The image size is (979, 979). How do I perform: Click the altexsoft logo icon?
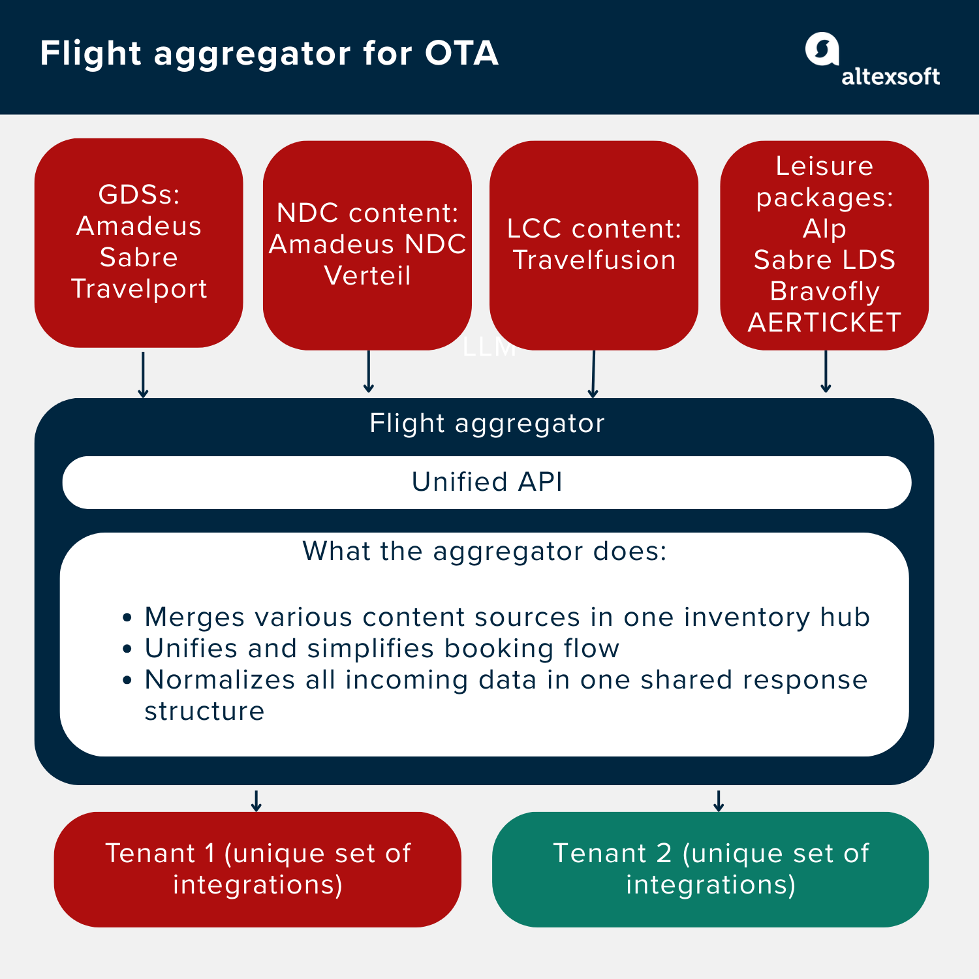click(x=822, y=49)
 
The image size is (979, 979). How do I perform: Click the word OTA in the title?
click(x=461, y=54)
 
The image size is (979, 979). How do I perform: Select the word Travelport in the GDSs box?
click(x=139, y=288)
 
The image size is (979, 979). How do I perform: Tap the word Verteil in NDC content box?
click(x=367, y=275)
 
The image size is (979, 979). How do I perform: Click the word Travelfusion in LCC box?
click(x=594, y=260)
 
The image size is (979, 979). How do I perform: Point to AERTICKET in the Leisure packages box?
click(x=824, y=322)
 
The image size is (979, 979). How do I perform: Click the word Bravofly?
click(x=824, y=291)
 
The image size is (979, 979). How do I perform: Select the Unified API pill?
click(x=487, y=482)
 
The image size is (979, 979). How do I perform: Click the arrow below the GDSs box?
click(x=143, y=375)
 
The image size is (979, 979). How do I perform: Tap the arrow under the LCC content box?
click(x=593, y=375)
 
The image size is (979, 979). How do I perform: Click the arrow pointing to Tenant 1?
click(x=256, y=800)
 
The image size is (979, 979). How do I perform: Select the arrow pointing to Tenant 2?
click(x=719, y=800)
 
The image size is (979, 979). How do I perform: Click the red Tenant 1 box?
click(x=257, y=869)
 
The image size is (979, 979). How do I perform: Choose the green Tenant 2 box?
click(x=710, y=869)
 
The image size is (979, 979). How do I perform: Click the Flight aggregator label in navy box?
click(x=487, y=424)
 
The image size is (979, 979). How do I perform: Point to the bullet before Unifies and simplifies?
click(x=127, y=649)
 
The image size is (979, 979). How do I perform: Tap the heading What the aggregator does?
click(x=484, y=552)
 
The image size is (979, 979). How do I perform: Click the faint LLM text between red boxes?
click(x=489, y=348)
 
